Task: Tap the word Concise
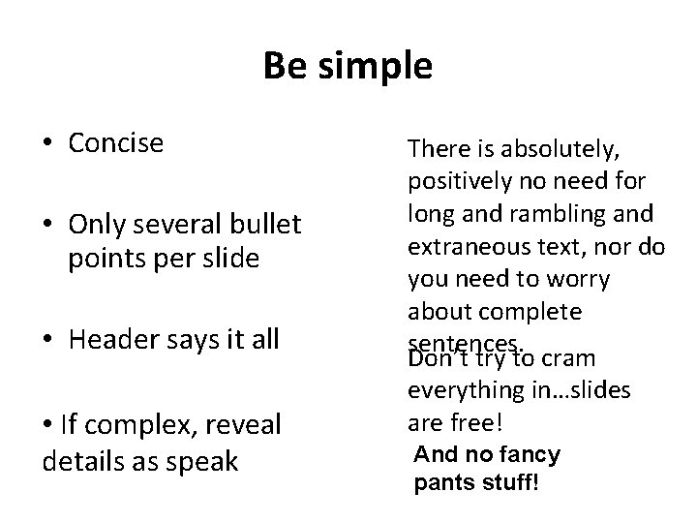116,143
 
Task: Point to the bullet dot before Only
48,227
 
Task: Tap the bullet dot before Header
48,340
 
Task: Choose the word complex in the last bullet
137,424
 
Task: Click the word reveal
243,423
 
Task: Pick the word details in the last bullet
79,462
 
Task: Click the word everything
463,390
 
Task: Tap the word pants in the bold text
439,481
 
